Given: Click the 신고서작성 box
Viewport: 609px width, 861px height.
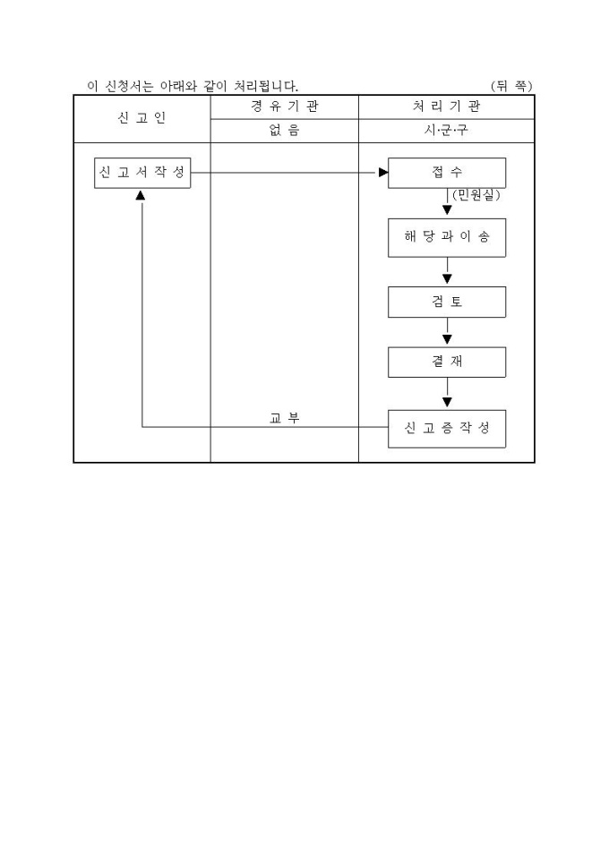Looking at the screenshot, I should pos(143,173).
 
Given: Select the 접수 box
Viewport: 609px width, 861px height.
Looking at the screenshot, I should pos(447,173).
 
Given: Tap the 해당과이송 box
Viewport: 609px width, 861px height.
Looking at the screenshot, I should pos(447,239).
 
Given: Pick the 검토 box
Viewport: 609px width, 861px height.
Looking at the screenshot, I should pos(447,303).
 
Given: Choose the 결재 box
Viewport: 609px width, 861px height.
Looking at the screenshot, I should pos(447,362).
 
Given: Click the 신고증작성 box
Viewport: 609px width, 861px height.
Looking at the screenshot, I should pos(447,428).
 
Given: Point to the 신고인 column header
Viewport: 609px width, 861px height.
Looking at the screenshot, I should pos(142,119).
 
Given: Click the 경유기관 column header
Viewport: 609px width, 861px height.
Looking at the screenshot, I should pos(284,107).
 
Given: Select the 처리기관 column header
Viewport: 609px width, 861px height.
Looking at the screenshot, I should pos(446,107).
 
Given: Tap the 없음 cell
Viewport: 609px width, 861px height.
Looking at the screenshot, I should pos(284,131).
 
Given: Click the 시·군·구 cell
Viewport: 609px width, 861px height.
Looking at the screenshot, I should pos(446,131).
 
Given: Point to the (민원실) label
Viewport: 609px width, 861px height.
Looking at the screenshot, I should pos(476,195).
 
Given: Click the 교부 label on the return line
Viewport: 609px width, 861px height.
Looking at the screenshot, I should pos(284,417).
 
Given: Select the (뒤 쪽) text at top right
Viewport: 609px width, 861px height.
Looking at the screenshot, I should pos(512,86).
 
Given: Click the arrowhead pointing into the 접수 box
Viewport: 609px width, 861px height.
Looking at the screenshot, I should pos(382,173).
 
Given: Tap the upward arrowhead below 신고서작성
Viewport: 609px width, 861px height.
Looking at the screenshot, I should pos(141,195).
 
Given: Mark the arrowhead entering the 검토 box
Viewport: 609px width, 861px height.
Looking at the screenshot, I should pos(447,280).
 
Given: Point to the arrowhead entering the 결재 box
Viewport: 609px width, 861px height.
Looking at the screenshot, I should pos(447,340).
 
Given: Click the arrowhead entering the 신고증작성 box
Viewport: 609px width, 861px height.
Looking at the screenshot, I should pos(447,403).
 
